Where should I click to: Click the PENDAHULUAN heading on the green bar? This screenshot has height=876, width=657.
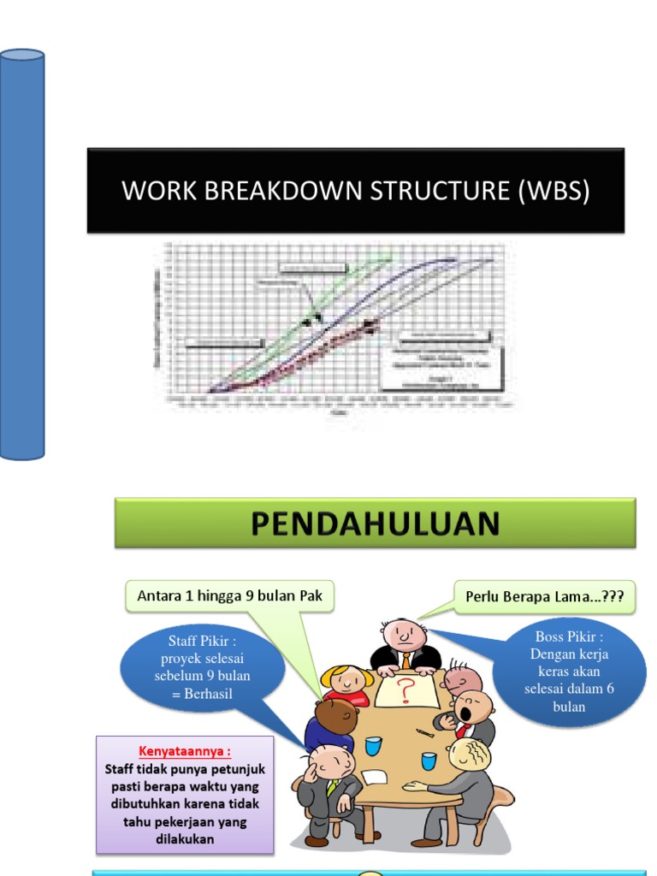(x=376, y=523)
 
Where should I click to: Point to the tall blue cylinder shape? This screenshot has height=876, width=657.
(x=22, y=254)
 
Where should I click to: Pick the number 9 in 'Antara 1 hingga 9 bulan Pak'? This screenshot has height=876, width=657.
(x=251, y=596)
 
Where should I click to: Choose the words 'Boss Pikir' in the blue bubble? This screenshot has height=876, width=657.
(x=569, y=636)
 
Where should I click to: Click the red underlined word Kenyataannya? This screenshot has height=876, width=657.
(x=185, y=751)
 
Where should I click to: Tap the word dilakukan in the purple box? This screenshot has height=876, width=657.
(x=185, y=839)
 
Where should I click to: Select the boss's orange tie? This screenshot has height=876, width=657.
(x=405, y=660)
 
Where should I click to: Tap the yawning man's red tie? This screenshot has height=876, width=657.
(x=463, y=730)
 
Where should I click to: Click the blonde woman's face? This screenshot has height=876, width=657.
(x=347, y=681)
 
